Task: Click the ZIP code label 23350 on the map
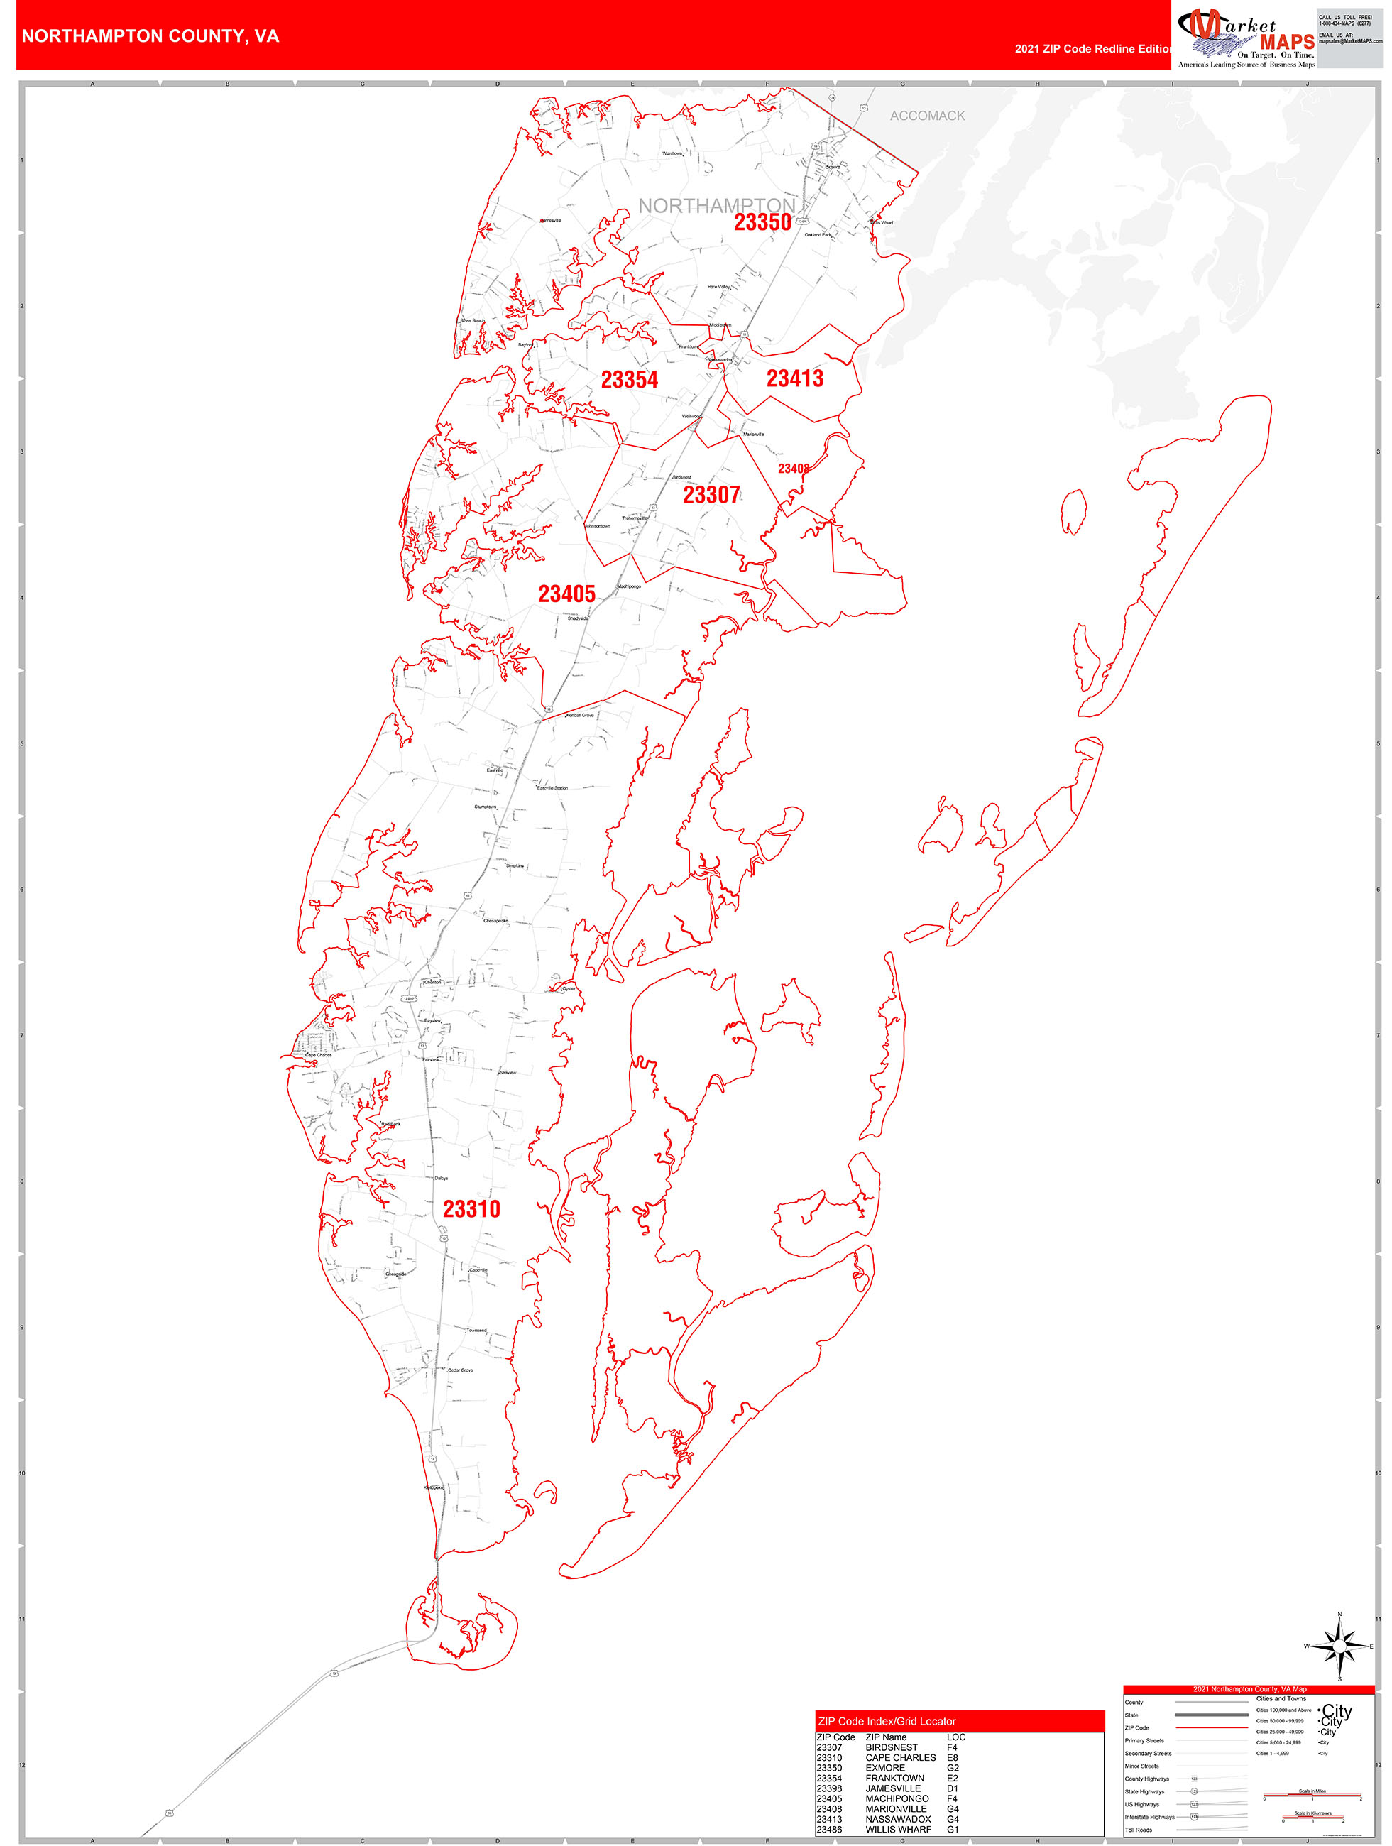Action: [762, 222]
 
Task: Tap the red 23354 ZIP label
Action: [629, 380]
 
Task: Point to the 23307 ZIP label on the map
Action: [711, 495]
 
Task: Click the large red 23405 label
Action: [566, 594]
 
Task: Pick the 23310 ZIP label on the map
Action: [471, 1208]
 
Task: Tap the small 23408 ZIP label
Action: [793, 469]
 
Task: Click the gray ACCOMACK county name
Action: [927, 116]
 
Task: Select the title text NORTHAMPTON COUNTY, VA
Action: [150, 36]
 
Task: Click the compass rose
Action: [1339, 1646]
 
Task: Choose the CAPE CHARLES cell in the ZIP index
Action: [901, 1757]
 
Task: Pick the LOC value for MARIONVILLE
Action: [952, 1808]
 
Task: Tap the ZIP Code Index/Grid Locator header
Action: [887, 1721]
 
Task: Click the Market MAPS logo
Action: [1245, 38]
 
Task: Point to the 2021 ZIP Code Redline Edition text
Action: [1092, 48]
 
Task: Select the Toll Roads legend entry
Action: [1139, 1829]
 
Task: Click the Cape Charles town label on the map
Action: [318, 1055]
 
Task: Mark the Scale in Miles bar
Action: [1312, 1795]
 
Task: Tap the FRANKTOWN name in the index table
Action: [894, 1778]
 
